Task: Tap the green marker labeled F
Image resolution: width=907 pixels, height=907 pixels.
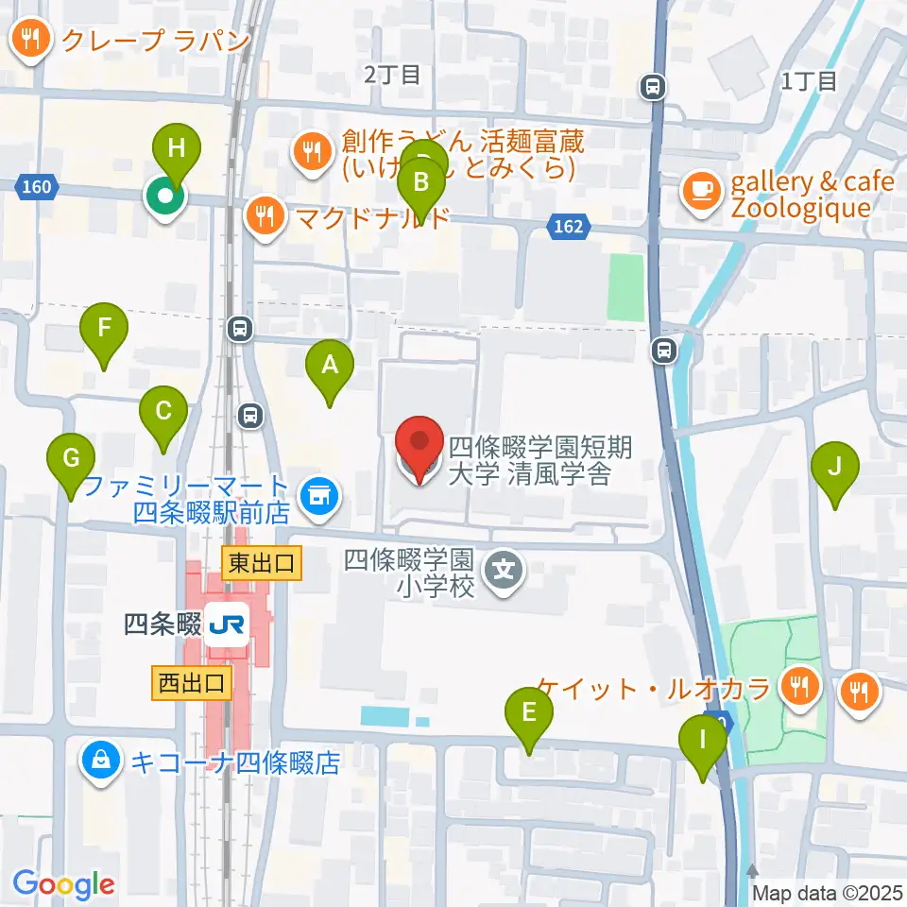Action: point(104,330)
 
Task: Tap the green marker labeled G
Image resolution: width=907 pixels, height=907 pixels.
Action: point(71,460)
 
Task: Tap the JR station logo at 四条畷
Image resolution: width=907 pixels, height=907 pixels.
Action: point(227,625)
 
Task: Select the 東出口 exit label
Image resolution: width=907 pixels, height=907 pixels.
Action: point(263,565)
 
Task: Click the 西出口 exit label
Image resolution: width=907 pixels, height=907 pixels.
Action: point(192,683)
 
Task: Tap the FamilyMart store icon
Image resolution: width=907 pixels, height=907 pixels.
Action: point(318,492)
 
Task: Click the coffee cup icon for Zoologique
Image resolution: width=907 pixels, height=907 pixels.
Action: point(700,189)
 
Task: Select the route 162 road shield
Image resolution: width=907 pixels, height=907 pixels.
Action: point(569,227)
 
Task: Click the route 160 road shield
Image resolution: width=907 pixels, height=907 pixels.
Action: point(35,187)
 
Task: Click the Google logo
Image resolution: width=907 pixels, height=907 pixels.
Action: point(63,884)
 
